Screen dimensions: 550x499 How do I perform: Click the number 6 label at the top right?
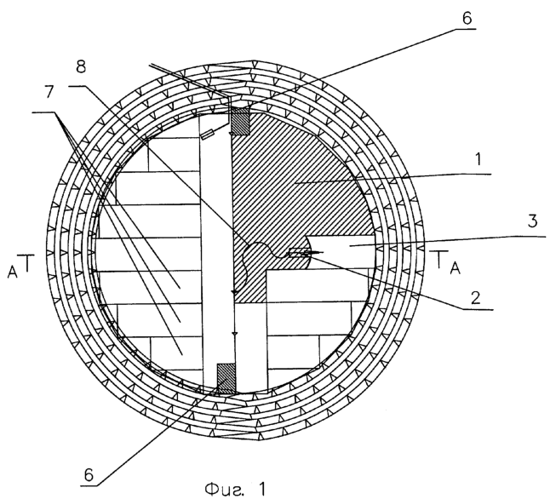point(467,18)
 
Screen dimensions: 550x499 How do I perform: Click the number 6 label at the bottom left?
point(89,475)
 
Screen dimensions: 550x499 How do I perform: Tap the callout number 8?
point(81,66)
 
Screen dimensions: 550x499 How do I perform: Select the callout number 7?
point(49,91)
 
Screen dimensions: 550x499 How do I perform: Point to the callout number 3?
point(532,221)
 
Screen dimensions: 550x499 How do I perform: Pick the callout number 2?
point(476,298)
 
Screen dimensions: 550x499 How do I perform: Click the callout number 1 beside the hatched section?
point(478,159)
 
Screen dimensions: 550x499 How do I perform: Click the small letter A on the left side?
point(13,272)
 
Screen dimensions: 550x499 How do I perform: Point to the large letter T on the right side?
point(440,260)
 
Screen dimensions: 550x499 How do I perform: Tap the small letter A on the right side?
point(455,269)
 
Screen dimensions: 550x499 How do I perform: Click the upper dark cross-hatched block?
point(239,121)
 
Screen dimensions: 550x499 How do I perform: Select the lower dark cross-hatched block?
point(227,378)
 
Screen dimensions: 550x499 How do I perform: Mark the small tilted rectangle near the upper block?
point(207,135)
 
